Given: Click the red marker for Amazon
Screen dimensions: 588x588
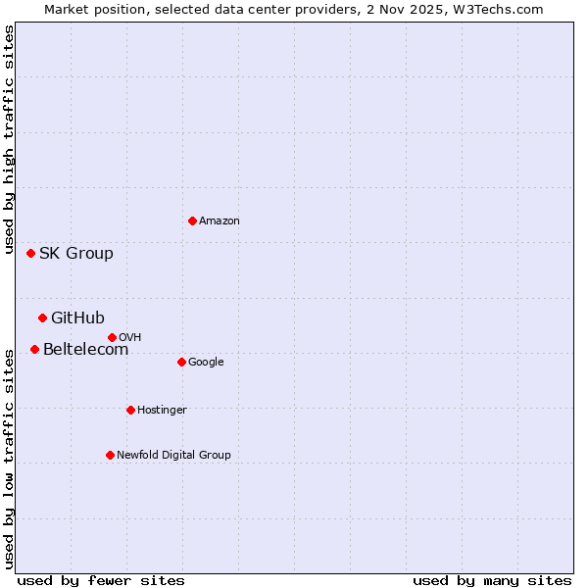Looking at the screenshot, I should tap(192, 220).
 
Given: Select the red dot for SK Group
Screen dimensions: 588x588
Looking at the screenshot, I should tap(30, 253).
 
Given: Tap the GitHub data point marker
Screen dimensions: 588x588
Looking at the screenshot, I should tap(42, 318).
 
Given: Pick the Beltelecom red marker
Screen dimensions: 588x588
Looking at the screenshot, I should tap(34, 349).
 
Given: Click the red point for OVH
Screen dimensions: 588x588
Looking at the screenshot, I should tap(112, 337).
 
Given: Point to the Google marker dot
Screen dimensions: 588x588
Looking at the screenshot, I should tap(181, 362).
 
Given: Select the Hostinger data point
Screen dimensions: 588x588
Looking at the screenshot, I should tap(130, 410).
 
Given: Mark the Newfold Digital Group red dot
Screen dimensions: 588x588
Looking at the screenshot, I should tap(110, 455).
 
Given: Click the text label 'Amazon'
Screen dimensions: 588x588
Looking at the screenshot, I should tap(220, 221).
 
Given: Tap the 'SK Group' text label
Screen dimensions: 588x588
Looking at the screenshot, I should tap(76, 254).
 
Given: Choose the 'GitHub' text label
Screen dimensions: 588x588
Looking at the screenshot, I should tap(77, 318).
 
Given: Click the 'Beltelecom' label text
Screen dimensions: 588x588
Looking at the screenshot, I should tap(85, 350).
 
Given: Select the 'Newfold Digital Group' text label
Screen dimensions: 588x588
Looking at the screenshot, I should tap(173, 455).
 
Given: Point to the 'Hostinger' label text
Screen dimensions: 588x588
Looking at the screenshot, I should tap(162, 410).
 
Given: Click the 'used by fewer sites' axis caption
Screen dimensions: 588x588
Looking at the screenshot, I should tap(101, 580).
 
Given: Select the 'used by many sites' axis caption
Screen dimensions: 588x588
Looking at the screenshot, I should tap(492, 580).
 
